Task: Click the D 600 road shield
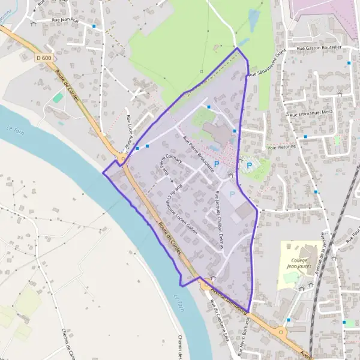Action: pyautogui.click(x=44, y=58)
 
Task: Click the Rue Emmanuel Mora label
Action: pyautogui.click(x=311, y=112)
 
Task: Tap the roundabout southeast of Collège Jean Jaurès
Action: pyautogui.click(x=281, y=331)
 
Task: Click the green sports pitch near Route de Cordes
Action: pyautogui.click(x=58, y=97)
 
